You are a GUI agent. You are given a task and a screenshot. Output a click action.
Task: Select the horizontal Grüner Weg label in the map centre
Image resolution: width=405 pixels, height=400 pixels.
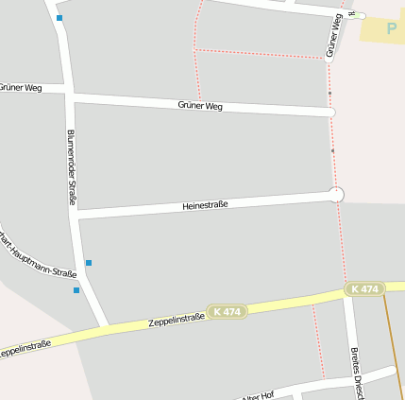199,105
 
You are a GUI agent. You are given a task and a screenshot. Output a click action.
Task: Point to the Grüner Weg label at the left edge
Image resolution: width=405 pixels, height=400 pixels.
21,88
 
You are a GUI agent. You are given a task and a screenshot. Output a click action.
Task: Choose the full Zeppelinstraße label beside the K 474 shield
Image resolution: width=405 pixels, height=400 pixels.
177,320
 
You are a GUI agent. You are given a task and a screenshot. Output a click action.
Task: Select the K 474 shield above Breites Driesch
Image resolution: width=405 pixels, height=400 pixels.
364,288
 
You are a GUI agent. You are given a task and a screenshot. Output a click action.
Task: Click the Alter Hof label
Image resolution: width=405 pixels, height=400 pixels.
257,394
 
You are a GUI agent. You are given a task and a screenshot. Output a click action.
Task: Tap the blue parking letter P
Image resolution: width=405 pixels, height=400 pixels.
392,28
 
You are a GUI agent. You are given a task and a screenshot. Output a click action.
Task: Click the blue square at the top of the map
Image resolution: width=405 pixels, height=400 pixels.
59,18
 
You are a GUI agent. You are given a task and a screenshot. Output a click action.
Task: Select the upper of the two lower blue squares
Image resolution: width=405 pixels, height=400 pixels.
89,263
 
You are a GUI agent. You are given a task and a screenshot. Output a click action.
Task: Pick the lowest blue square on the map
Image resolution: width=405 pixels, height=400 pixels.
76,290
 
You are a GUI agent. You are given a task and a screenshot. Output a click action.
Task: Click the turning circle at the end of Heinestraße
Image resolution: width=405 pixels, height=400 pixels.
335,194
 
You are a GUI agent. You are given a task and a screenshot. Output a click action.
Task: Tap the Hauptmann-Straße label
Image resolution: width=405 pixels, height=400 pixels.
38,256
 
